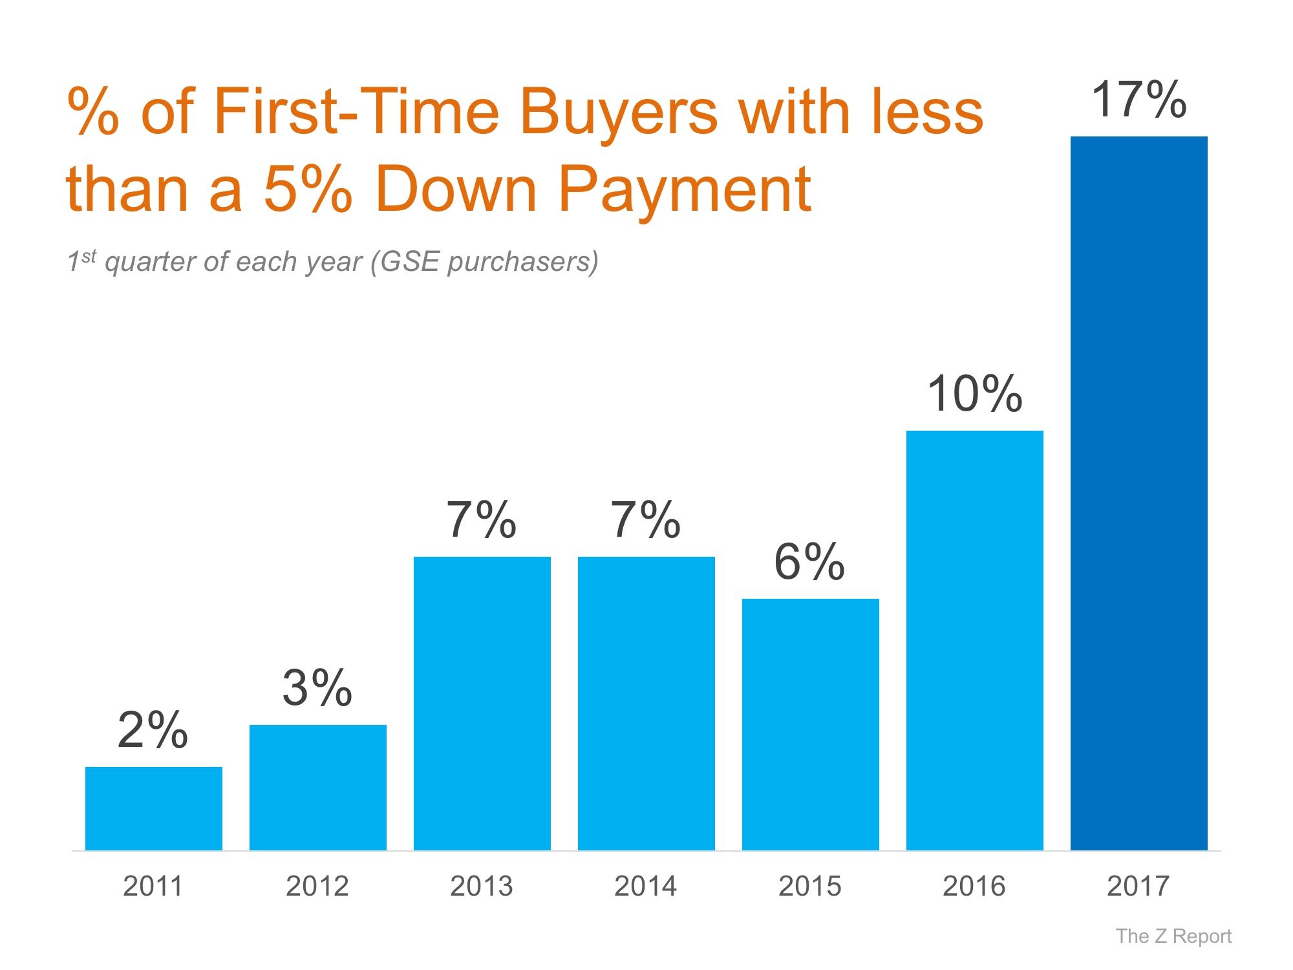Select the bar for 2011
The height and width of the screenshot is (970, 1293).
pyautogui.click(x=154, y=808)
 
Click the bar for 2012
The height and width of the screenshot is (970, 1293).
pyautogui.click(x=318, y=787)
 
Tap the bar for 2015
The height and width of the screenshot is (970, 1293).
pyautogui.click(x=811, y=724)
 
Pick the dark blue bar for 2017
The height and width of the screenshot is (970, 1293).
pyautogui.click(x=1139, y=493)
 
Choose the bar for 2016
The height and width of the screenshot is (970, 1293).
pyautogui.click(x=975, y=640)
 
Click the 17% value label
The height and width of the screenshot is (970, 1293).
pyautogui.click(x=1139, y=100)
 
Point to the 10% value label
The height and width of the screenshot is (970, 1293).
pyautogui.click(x=975, y=394)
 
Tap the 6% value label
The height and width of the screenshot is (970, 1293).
pyautogui.click(x=809, y=562)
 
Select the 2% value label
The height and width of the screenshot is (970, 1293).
pyautogui.click(x=153, y=730)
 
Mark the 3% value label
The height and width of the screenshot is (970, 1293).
pyautogui.click(x=317, y=688)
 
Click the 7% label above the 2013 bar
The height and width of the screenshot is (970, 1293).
pyautogui.click(x=482, y=520)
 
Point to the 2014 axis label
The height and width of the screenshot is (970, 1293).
pyautogui.click(x=646, y=886)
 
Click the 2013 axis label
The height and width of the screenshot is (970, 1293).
pyautogui.click(x=482, y=886)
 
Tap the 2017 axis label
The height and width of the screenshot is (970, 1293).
pyautogui.click(x=1138, y=886)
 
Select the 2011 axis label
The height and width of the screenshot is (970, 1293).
pyautogui.click(x=153, y=886)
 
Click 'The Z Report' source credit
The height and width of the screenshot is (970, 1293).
pyautogui.click(x=1173, y=936)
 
